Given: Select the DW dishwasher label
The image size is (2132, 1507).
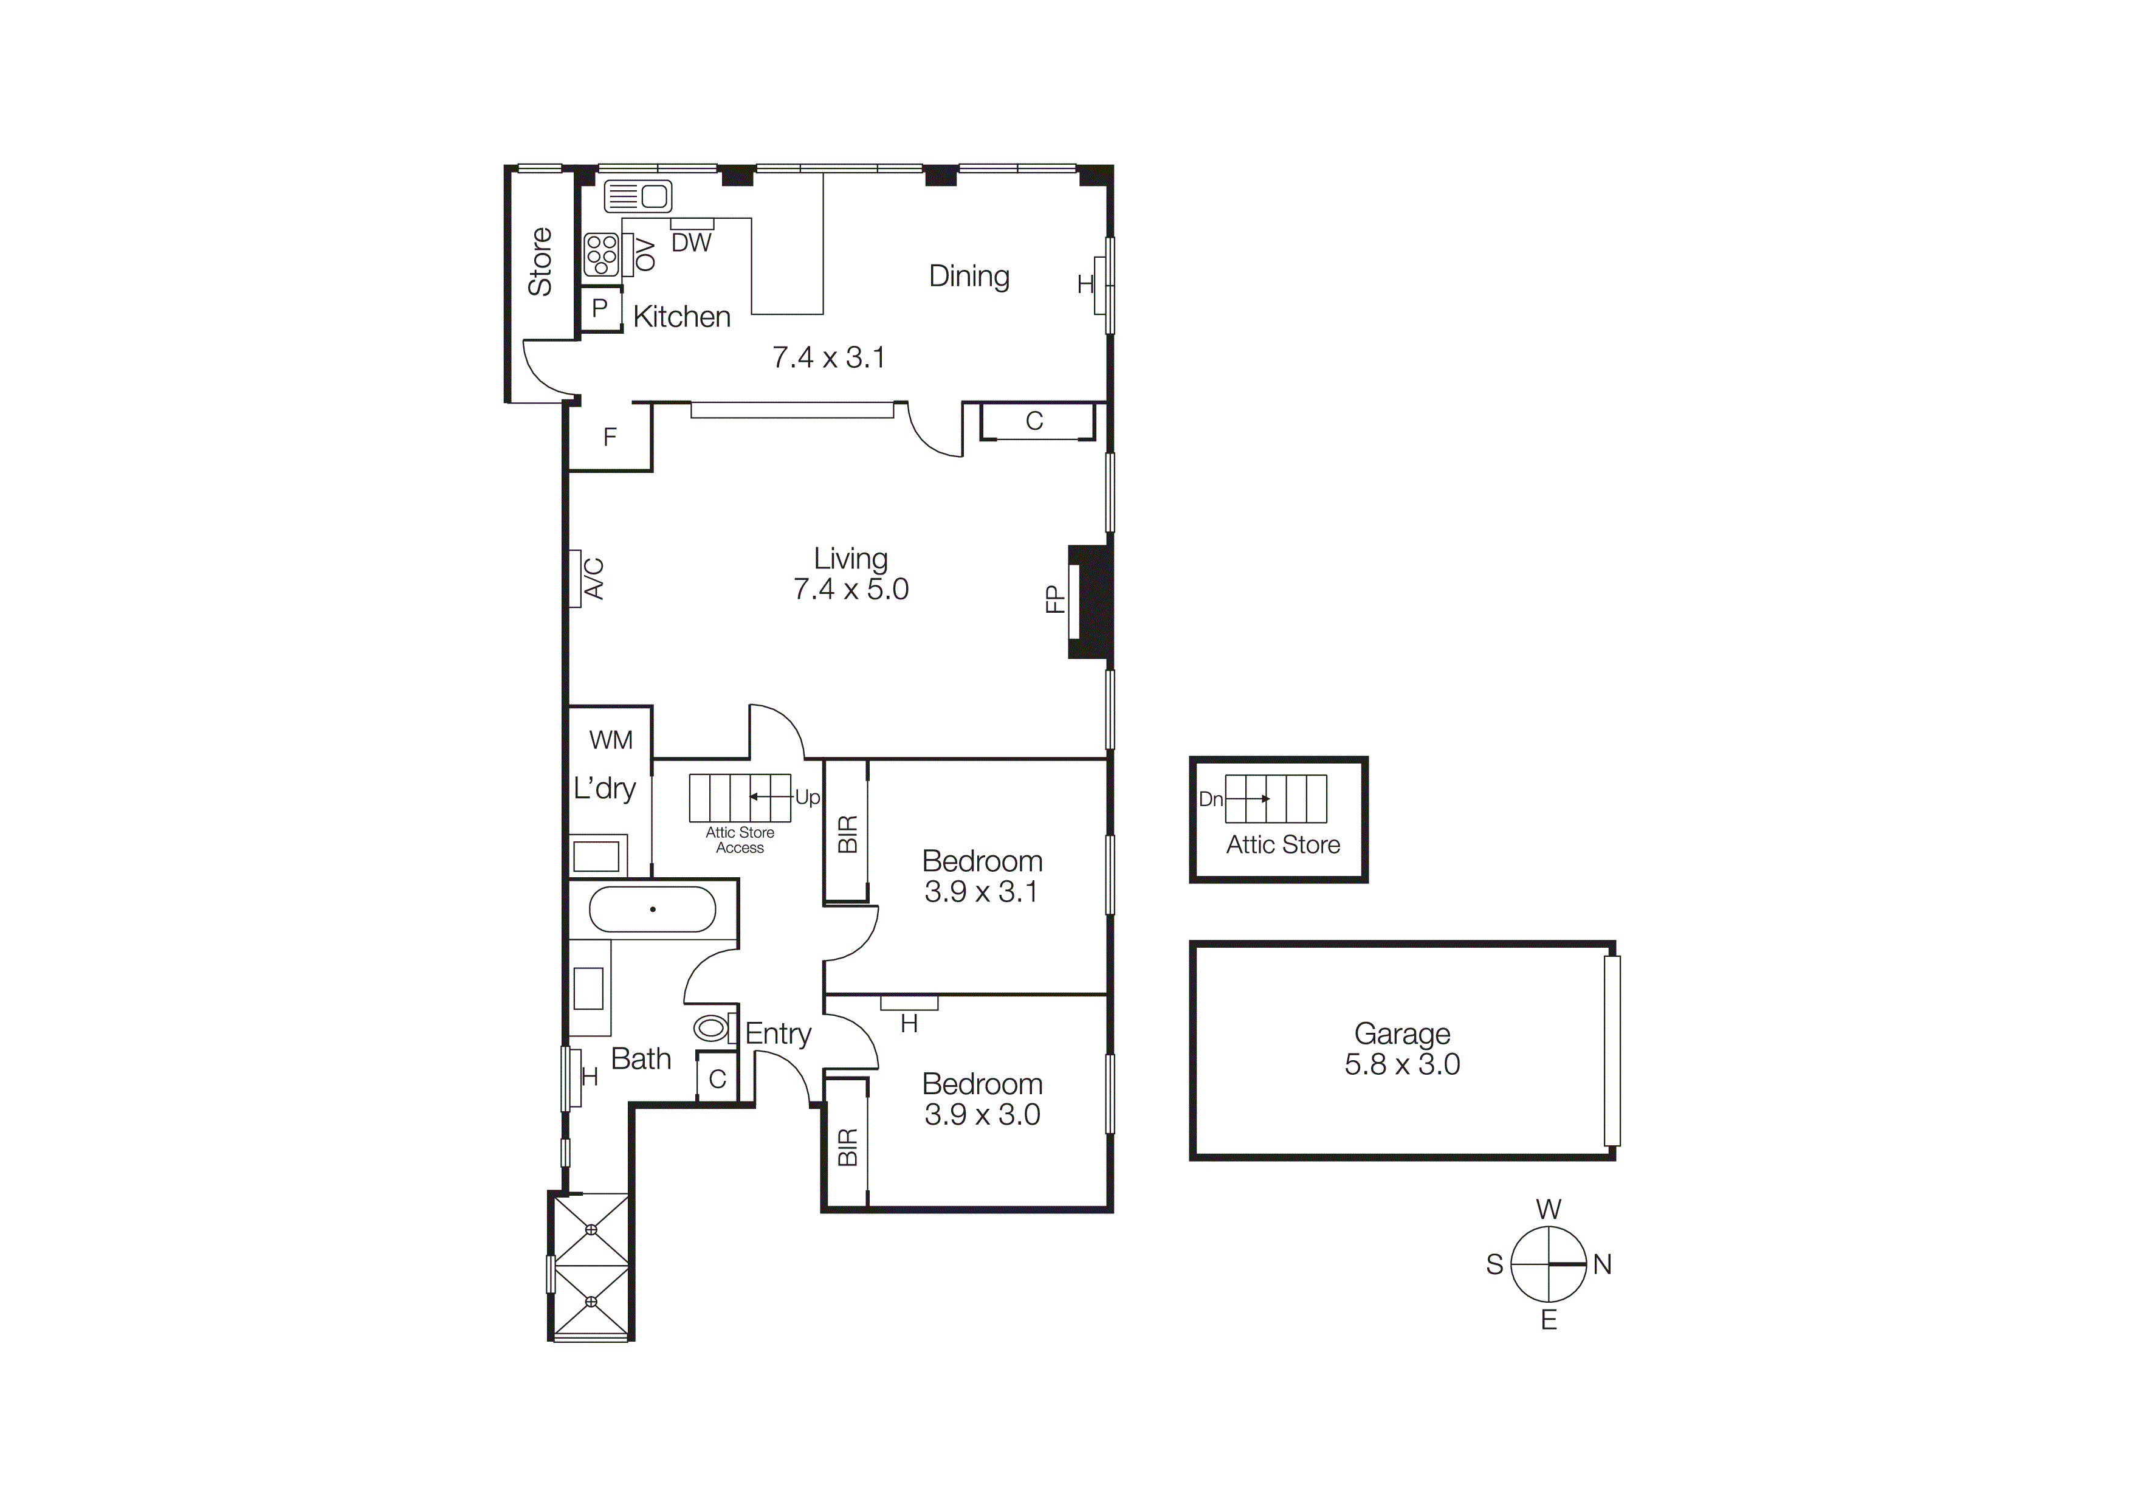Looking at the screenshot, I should [691, 243].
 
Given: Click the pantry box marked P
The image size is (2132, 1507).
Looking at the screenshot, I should [600, 308].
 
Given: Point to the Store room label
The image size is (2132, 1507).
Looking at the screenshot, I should [540, 262].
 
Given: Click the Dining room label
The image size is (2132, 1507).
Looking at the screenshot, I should [969, 277].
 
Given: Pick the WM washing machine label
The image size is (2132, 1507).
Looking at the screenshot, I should [610, 740].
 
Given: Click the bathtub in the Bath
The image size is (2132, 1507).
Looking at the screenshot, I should [653, 909].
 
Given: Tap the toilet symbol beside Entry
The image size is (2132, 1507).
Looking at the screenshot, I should [711, 1029].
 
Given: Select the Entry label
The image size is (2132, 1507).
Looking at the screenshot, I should [778, 1033].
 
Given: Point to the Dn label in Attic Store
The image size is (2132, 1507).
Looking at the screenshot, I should [1210, 799].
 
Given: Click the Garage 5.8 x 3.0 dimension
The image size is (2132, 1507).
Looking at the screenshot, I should [1401, 1064].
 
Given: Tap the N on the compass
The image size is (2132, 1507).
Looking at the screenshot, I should [1602, 1264].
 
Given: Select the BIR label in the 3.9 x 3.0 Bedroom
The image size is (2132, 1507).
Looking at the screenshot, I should [847, 1148].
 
